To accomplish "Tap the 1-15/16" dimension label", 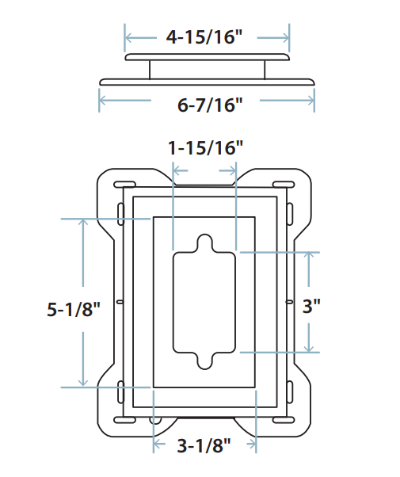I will [205, 147].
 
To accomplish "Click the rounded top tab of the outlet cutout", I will [204, 242].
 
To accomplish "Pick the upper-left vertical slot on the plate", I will [120, 213].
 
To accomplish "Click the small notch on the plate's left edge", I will [119, 302].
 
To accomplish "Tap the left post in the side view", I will [150, 70].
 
